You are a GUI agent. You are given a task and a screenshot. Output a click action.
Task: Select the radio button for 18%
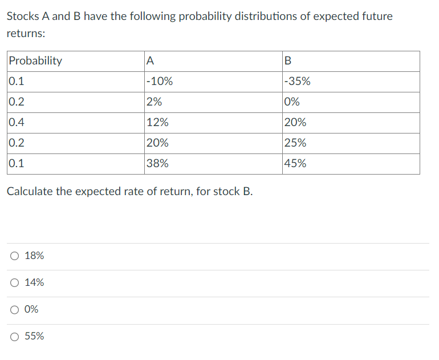pos(14,256)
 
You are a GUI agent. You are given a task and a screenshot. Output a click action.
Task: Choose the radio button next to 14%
pos(14,283)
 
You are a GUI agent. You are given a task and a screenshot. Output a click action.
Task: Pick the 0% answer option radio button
pos(14,310)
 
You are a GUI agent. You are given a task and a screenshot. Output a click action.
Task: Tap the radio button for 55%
pos(14,337)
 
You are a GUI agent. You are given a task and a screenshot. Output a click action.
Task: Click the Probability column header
pos(35,61)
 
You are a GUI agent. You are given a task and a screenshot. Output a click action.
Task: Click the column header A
pos(150,61)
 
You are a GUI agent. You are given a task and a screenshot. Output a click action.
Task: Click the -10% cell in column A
pos(160,82)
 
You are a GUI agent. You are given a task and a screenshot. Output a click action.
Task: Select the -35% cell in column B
pos(297,82)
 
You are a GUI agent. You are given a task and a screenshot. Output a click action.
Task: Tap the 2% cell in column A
pos(154,102)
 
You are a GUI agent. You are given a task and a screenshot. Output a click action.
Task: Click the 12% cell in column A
pos(157,123)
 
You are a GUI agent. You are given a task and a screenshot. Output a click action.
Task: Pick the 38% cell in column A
pos(157,164)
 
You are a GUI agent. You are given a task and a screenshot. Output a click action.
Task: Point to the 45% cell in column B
pos(295,164)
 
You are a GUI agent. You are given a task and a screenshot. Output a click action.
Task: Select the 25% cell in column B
pos(295,143)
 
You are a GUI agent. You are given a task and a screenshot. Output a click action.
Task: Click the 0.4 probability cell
pos(17,123)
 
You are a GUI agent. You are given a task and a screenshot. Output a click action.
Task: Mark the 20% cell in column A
pos(157,143)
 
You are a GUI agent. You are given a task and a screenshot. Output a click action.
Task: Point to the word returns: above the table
pos(26,34)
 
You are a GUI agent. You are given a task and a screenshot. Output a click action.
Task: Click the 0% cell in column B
pos(292,102)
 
